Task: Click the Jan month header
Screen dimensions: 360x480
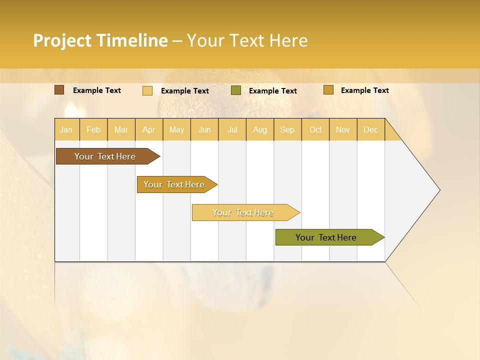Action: [x=66, y=129]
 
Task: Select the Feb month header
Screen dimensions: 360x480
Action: [x=93, y=129]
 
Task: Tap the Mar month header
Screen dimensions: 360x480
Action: [x=121, y=129]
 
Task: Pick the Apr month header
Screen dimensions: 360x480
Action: [x=149, y=129]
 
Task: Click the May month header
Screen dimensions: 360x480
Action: [x=176, y=129]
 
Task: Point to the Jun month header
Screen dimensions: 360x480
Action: [x=204, y=129]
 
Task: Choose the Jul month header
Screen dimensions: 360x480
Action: [x=232, y=129]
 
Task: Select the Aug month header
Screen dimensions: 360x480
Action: [x=260, y=129]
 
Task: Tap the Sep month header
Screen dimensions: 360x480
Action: [x=287, y=129]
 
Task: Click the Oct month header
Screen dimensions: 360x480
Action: [x=315, y=129]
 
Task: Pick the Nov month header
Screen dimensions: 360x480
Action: [x=343, y=129]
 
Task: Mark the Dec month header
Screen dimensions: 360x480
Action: [x=371, y=129]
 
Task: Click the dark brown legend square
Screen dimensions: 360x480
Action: [x=59, y=90]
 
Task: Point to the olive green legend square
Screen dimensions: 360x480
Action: [x=236, y=90]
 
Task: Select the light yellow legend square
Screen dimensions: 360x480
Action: [x=147, y=90]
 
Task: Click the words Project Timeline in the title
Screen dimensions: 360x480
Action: [x=100, y=40]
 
